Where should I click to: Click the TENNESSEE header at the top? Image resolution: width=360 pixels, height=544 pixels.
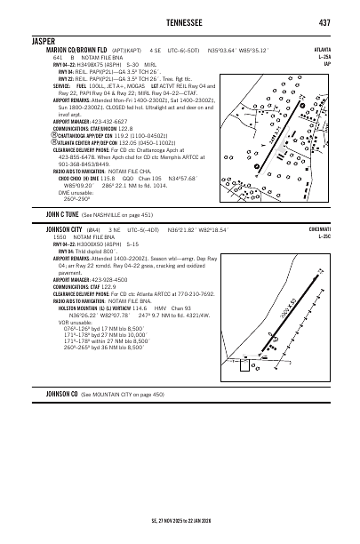[x=180, y=23]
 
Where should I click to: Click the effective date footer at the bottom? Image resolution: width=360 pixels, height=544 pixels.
[x=180, y=521]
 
